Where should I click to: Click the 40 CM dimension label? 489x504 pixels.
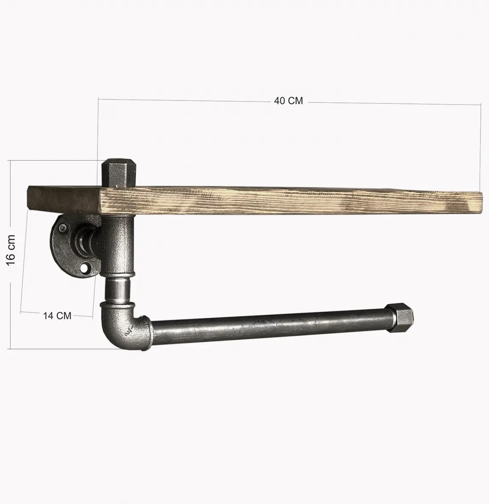[288, 101]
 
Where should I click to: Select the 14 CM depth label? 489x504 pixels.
[57, 315]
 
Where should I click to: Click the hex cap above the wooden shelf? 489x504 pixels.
[119, 173]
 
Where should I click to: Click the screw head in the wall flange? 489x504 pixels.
[63, 227]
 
